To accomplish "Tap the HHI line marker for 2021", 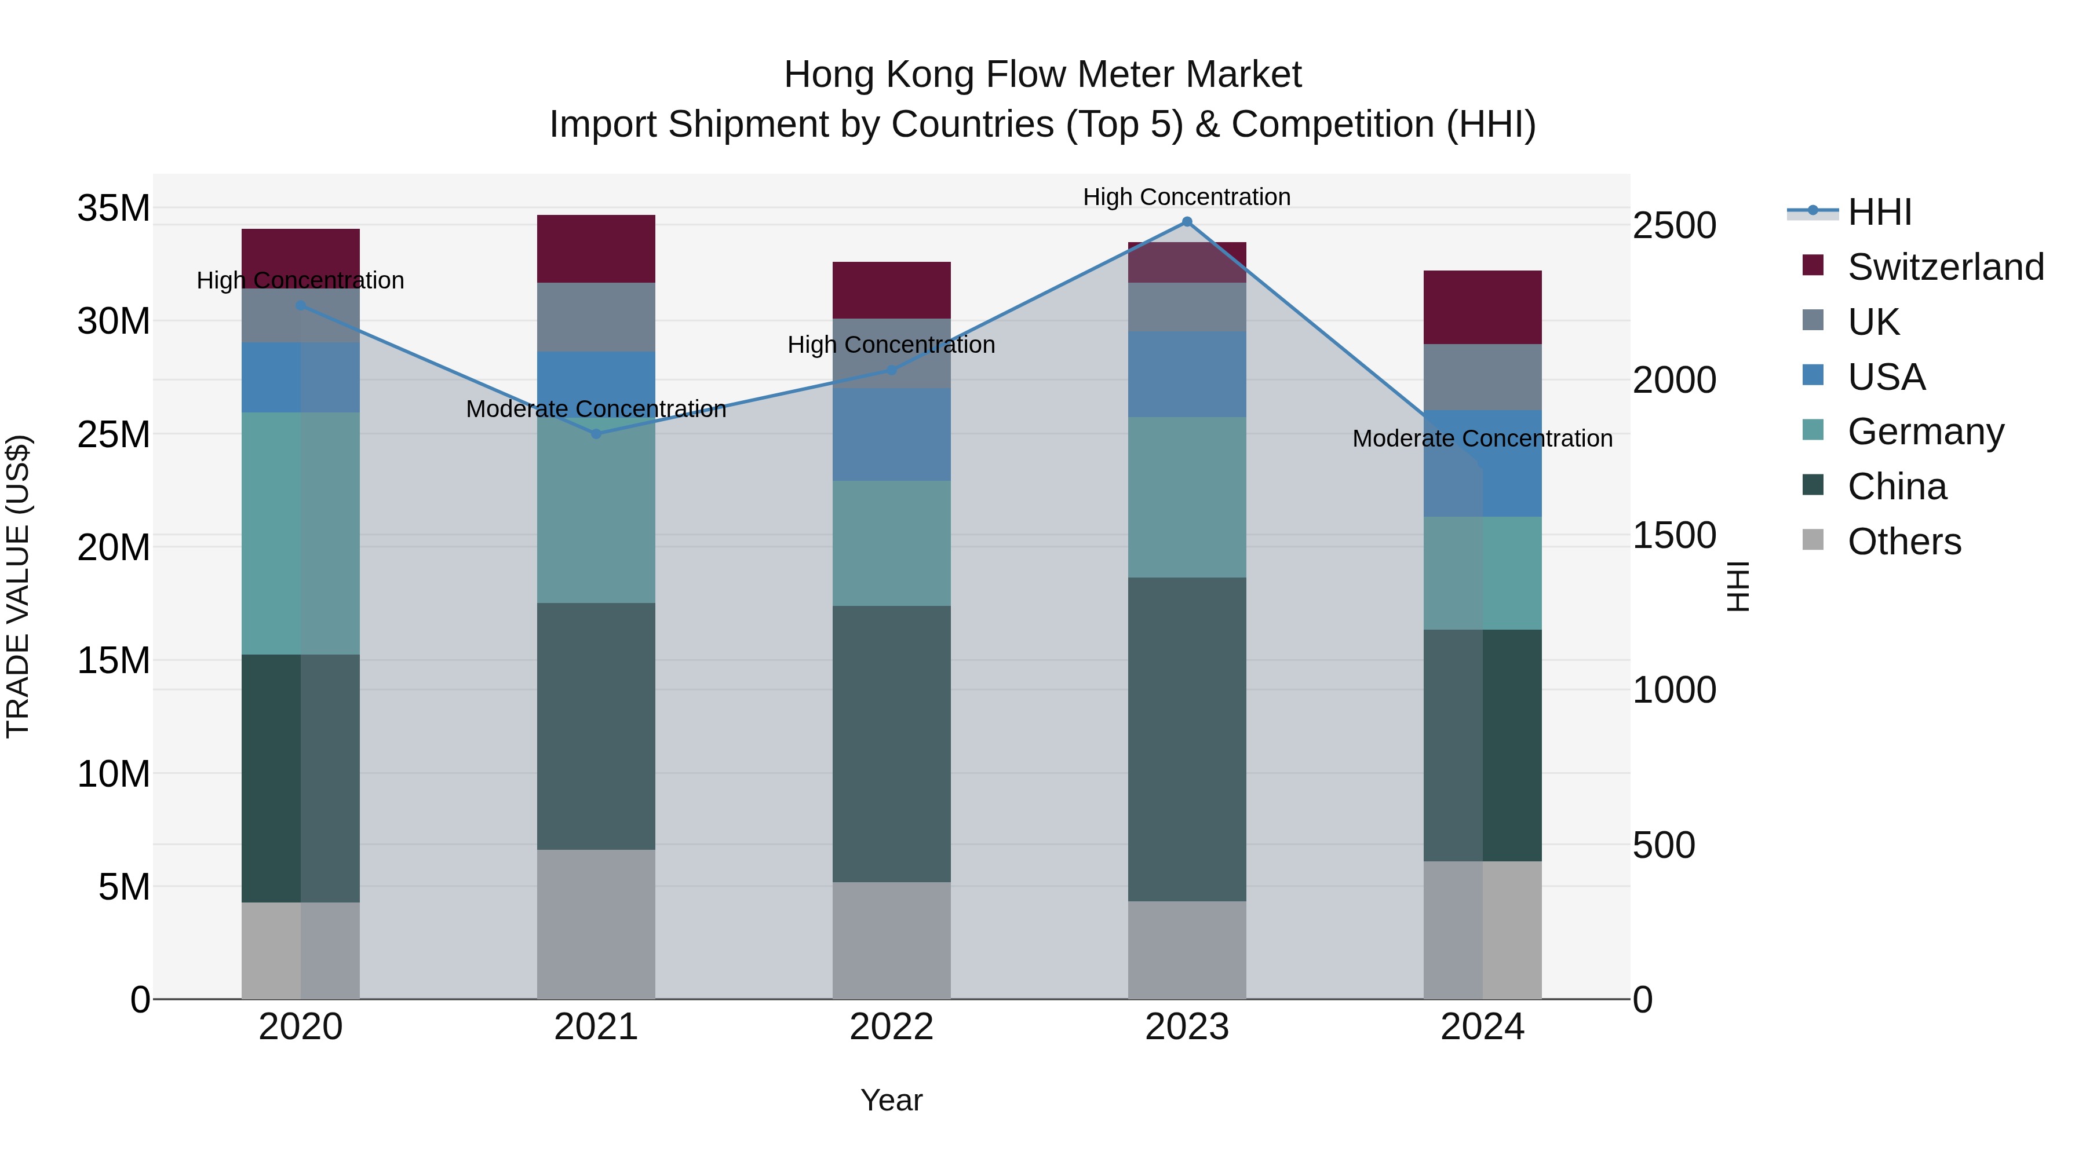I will tap(596, 434).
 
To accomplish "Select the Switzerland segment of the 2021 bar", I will tap(596, 249).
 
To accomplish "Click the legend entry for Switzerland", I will tap(1945, 267).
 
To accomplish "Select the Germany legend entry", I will tap(1925, 432).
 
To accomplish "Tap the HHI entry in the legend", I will tap(1879, 212).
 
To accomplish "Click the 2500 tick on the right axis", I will tap(1674, 226).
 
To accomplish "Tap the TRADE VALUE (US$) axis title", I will tap(18, 586).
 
